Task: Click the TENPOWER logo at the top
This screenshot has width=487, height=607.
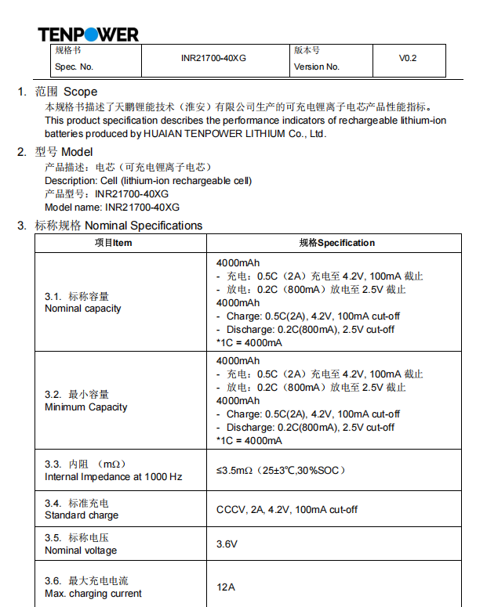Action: pyautogui.click(x=88, y=34)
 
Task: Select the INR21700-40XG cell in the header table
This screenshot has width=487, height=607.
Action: pyautogui.click(x=213, y=59)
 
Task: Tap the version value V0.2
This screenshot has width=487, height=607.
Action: pyautogui.click(x=408, y=59)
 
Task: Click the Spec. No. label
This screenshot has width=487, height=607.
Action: pyautogui.click(x=74, y=67)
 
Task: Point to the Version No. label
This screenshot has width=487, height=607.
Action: pyautogui.click(x=317, y=67)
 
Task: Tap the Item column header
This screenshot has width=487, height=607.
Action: pyautogui.click(x=114, y=243)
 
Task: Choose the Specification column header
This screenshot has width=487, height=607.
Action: pyautogui.click(x=337, y=243)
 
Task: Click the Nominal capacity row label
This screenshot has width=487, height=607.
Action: pyautogui.click(x=83, y=309)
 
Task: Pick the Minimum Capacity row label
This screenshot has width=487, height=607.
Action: pyautogui.click(x=85, y=407)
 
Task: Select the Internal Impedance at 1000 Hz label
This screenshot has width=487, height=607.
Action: pyautogui.click(x=113, y=477)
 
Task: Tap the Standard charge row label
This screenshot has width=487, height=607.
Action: pyautogui.click(x=82, y=515)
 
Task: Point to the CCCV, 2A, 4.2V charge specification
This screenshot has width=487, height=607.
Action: pyautogui.click(x=287, y=509)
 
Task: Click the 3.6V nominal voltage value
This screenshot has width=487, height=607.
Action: pyautogui.click(x=227, y=544)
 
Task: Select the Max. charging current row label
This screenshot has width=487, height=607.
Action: pyautogui.click(x=93, y=594)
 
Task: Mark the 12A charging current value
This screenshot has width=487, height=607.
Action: pyautogui.click(x=226, y=587)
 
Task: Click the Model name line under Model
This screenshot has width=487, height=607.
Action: pyautogui.click(x=112, y=208)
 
